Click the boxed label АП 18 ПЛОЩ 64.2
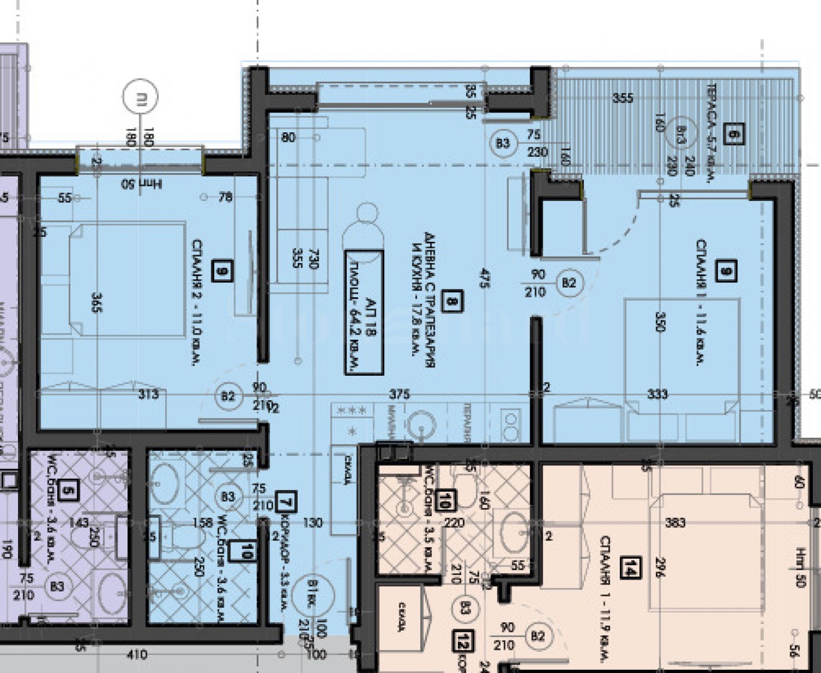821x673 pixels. click(x=364, y=313)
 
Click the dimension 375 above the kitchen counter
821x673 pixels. click(x=399, y=394)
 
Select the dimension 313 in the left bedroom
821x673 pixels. click(x=148, y=394)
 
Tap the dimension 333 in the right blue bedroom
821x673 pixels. click(x=657, y=394)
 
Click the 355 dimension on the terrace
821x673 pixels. click(x=622, y=97)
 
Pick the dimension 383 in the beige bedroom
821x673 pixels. click(x=675, y=522)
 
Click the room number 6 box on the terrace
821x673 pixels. click(x=732, y=134)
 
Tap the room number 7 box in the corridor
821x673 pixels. click(x=286, y=502)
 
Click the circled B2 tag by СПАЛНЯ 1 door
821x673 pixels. click(x=569, y=282)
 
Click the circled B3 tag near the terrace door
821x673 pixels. click(x=503, y=142)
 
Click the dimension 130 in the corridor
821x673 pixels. click(x=312, y=522)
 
